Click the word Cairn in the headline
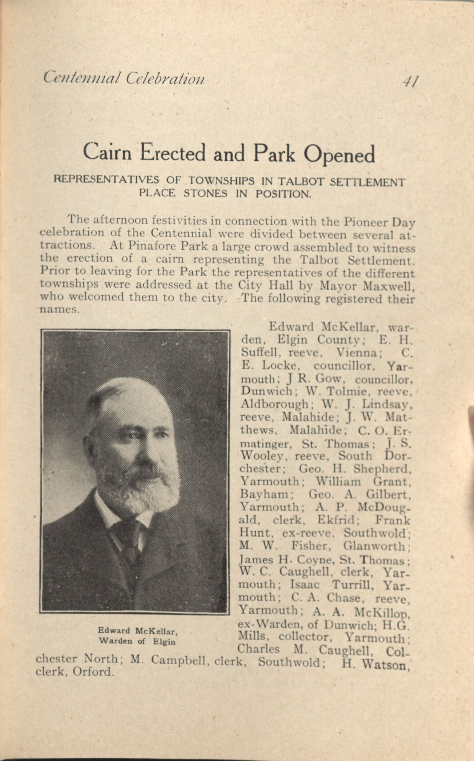[x=107, y=152]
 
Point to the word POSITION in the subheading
[x=283, y=194]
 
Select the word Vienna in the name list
[x=359, y=353]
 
